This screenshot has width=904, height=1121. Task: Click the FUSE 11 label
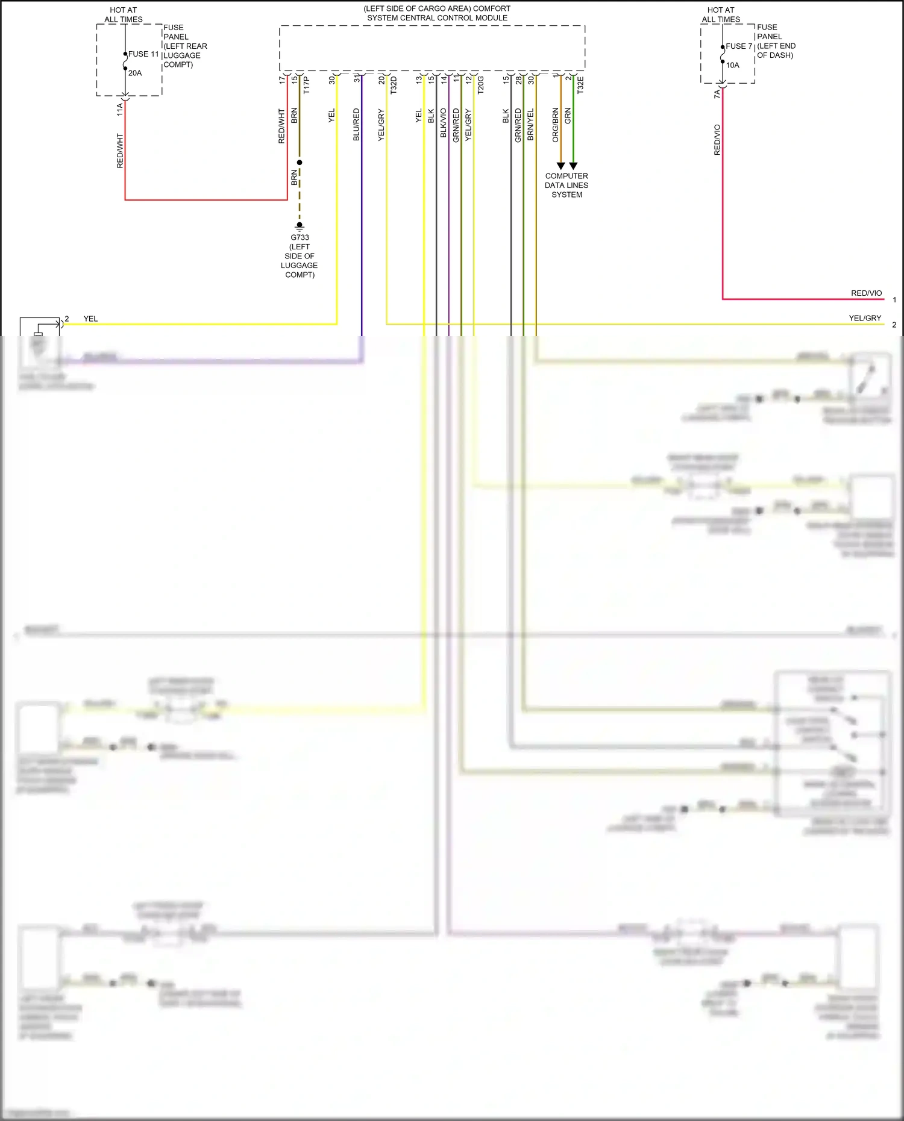tap(143, 54)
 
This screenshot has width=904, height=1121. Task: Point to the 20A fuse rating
tap(135, 73)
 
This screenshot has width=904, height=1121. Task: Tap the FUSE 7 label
tap(739, 46)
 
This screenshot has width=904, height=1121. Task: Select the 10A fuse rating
tap(732, 65)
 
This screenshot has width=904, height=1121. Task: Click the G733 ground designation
tap(300, 237)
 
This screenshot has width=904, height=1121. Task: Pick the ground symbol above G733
tap(300, 226)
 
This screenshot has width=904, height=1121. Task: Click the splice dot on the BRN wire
tap(300, 163)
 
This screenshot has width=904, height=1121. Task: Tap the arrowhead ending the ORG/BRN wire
tap(560, 166)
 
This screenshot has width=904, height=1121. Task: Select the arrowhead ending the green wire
tap(573, 166)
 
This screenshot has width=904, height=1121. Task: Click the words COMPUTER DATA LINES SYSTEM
tap(567, 186)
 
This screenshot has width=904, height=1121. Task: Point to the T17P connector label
tap(307, 85)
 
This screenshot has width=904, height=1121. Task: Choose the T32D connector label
tap(394, 85)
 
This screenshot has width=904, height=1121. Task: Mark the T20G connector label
tap(481, 85)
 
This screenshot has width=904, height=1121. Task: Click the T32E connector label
tap(580, 85)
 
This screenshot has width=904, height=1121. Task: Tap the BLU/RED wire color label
tap(356, 125)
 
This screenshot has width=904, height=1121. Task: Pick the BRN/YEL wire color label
tap(530, 125)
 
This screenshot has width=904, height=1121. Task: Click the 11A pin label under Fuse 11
tap(120, 109)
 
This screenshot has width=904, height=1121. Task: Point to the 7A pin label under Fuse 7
tap(717, 94)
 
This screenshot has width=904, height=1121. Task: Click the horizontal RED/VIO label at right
tap(866, 293)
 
